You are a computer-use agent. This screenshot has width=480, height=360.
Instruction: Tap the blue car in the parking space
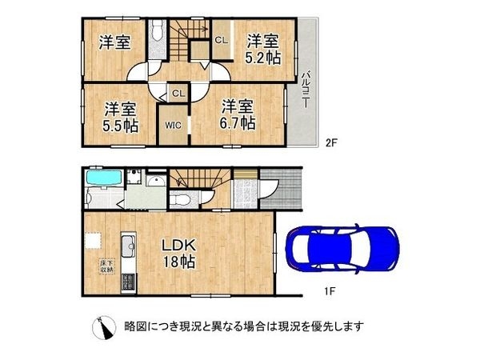pyautogui.click(x=342, y=250)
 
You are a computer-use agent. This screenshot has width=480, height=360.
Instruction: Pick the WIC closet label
pyautogui.click(x=174, y=125)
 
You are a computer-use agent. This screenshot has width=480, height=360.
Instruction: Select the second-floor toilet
pyautogui.click(x=157, y=31)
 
